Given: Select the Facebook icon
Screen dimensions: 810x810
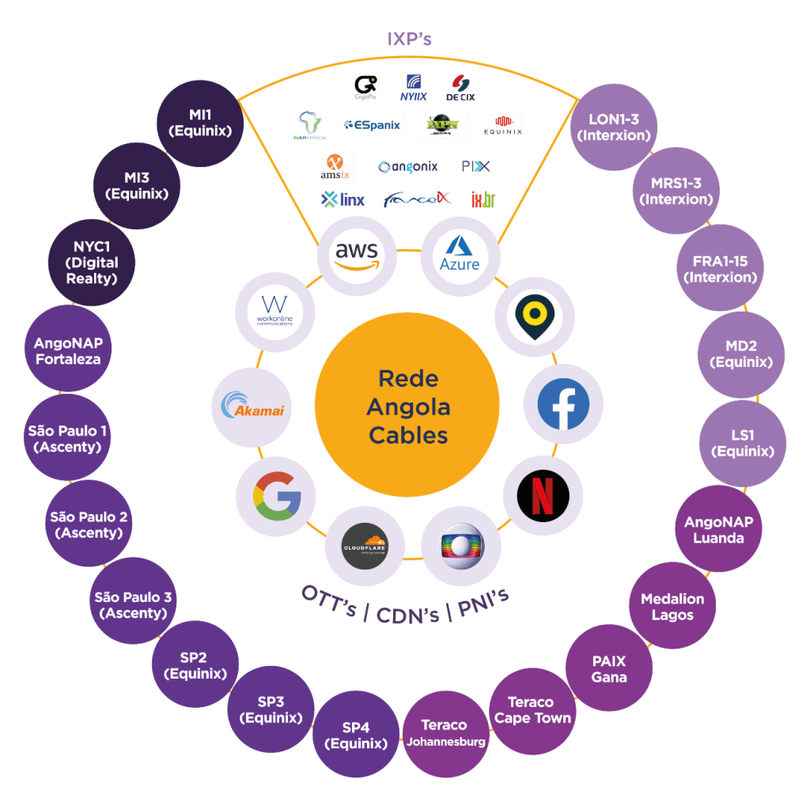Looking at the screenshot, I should point(562,404).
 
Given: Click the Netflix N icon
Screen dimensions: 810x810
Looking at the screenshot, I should point(543,496).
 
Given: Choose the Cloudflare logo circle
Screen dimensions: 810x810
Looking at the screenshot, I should point(365,547).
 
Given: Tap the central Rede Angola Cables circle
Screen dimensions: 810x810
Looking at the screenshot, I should point(407,407).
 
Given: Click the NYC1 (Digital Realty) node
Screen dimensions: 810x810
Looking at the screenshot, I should point(92,263).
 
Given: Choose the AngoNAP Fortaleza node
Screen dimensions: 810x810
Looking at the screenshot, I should point(67,351).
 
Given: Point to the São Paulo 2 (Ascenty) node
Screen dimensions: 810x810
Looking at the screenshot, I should point(89,524).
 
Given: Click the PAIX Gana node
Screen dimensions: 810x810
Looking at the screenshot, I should point(609,668).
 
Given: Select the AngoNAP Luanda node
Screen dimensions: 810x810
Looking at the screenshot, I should point(719,530).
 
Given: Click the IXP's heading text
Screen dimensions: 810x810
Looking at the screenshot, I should point(408,39).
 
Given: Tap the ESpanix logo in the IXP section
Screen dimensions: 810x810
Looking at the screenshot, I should point(372,124).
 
